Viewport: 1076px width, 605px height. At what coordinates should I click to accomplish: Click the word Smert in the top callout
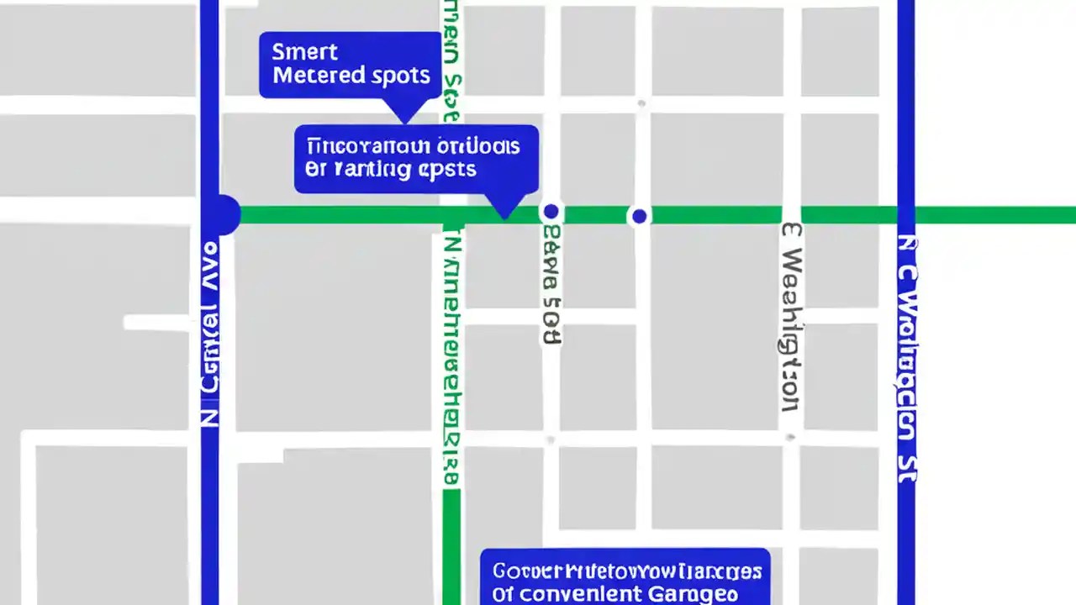pyautogui.click(x=304, y=52)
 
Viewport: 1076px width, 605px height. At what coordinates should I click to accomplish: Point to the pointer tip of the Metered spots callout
pyautogui.click(x=404, y=123)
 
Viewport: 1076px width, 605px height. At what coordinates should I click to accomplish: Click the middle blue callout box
pyautogui.click(x=416, y=158)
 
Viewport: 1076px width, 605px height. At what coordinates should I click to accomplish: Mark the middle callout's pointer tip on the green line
pyautogui.click(x=504, y=217)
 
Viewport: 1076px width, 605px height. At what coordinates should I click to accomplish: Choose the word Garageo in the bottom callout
pyautogui.click(x=693, y=594)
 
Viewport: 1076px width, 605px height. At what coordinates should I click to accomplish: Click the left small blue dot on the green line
pyautogui.click(x=551, y=211)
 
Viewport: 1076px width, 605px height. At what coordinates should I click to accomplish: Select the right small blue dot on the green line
pyautogui.click(x=639, y=216)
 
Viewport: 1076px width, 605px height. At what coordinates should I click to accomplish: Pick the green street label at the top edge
pyautogui.click(x=451, y=59)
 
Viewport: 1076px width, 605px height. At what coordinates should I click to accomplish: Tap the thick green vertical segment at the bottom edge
pyautogui.click(x=451, y=546)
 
